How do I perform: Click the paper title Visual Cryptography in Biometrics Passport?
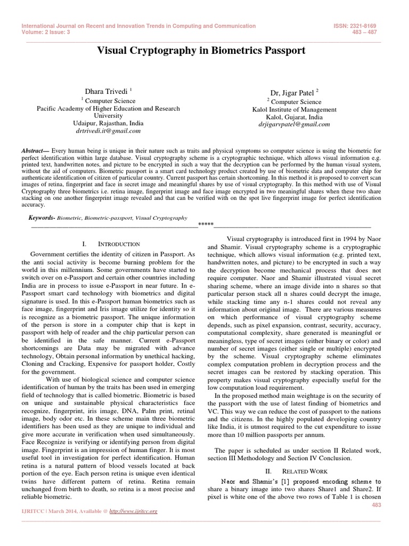[201, 51]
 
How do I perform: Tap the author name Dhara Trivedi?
[104, 92]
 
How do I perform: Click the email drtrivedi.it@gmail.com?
[108, 130]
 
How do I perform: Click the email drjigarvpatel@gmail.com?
[294, 124]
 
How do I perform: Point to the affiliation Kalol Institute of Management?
[294, 109]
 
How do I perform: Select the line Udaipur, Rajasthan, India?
[108, 123]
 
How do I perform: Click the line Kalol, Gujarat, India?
[294, 117]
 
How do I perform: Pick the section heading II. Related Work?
[294, 471]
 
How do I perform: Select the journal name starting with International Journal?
[138, 26]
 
